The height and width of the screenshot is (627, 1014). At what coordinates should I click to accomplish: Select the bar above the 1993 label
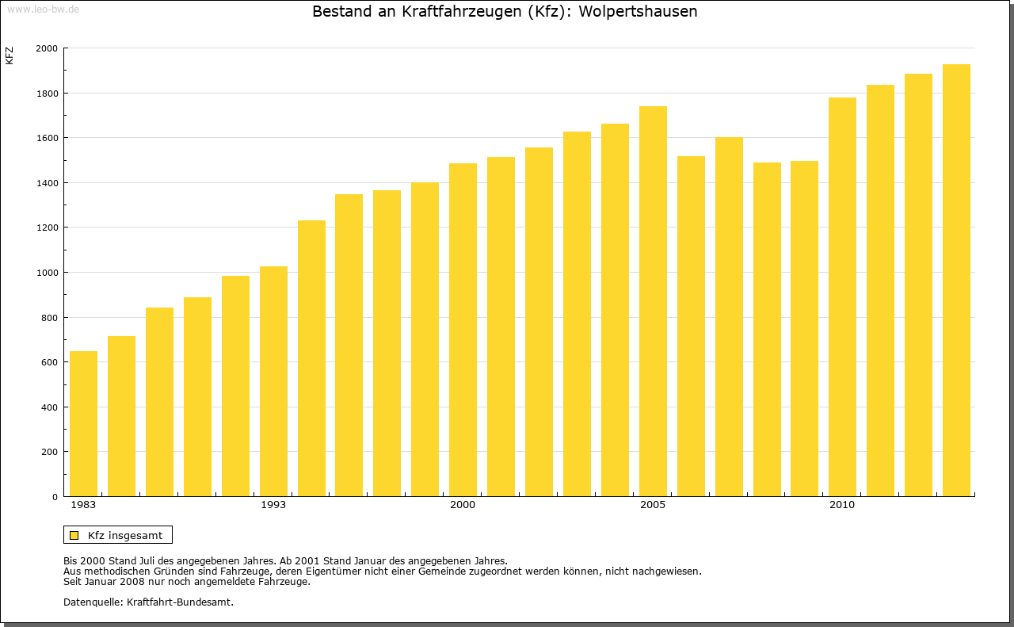click(x=273, y=381)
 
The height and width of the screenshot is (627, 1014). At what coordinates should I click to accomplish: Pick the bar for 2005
click(x=653, y=301)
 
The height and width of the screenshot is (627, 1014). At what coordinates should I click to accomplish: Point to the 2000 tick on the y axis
click(x=47, y=48)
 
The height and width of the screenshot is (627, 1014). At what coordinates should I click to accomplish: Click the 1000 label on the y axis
click(x=47, y=273)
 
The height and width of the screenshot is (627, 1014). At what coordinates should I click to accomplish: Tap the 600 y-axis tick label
click(x=49, y=362)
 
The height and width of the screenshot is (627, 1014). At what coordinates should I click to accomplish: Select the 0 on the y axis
click(x=55, y=497)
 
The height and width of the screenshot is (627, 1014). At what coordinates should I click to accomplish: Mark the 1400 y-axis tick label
click(x=47, y=183)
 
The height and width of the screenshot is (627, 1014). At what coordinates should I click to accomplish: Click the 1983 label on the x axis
click(x=83, y=505)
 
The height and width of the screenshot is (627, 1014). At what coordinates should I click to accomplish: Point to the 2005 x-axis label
click(x=653, y=505)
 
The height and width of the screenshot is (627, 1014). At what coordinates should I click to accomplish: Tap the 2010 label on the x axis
click(x=842, y=505)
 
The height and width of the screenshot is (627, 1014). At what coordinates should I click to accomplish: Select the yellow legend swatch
click(x=74, y=535)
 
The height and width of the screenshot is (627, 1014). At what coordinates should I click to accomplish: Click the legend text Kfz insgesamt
click(x=125, y=535)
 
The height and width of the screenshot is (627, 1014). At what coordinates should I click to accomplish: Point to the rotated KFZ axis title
click(x=10, y=55)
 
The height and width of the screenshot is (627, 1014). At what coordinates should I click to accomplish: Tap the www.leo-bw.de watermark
click(x=43, y=8)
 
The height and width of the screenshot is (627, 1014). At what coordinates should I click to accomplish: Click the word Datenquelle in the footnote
click(x=91, y=602)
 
